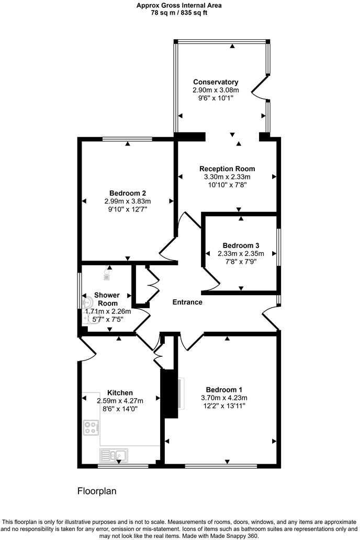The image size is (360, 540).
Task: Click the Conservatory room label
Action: [x=216, y=82]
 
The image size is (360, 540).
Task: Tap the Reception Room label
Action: [x=227, y=169]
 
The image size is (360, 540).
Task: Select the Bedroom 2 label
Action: [x=128, y=193]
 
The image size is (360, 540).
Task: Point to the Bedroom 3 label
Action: [x=241, y=245]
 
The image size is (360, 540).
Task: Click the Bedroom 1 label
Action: [x=224, y=389]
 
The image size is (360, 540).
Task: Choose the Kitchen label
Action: [x=120, y=392]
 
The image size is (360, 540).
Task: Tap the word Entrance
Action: [x=187, y=302]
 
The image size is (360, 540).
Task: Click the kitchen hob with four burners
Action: [x=91, y=428]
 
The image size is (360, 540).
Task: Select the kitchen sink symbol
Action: [x=115, y=455]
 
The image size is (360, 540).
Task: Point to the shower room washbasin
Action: [x=87, y=302]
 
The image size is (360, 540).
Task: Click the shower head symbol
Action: [x=107, y=271]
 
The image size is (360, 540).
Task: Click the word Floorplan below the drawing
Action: [x=97, y=491]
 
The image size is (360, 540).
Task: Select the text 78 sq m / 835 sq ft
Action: [x=179, y=13]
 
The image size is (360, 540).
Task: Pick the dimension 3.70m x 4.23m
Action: [x=224, y=398]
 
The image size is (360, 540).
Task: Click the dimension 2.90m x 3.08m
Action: [x=216, y=90]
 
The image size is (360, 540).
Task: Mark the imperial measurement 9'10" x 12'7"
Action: [x=128, y=209]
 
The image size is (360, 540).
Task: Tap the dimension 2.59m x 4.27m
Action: [x=120, y=401]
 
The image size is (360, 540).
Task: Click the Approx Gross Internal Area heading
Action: [x=179, y=5]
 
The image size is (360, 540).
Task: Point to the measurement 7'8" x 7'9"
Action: [x=241, y=262]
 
